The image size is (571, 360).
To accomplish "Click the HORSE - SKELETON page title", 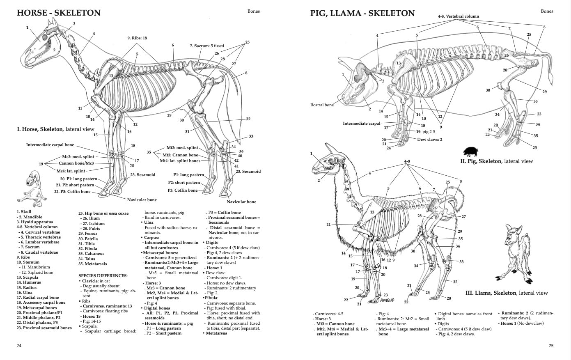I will [58, 13].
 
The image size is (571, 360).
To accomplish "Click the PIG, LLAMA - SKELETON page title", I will [362, 13].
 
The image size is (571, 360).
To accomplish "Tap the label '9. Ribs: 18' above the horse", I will [137, 38].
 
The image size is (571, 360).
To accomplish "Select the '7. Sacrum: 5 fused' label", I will [207, 46].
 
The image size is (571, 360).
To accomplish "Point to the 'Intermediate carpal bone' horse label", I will [50, 145].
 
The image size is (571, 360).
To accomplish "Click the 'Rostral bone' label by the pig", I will [322, 105].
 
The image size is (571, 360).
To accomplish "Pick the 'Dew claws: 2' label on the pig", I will [429, 140].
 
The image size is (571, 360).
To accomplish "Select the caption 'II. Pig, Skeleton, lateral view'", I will [496, 161].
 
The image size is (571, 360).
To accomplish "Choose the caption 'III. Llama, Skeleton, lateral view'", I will [506, 293].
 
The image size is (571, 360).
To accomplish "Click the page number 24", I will [19, 346].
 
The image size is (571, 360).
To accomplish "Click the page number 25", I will [551, 346].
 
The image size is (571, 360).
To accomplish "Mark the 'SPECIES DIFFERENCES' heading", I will [103, 275].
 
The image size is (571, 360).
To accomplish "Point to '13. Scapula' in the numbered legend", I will [28, 277].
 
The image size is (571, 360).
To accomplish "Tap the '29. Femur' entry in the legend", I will [87, 234].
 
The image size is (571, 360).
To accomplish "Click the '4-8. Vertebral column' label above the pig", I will [458, 16].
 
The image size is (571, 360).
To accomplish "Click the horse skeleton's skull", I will [39, 47].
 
